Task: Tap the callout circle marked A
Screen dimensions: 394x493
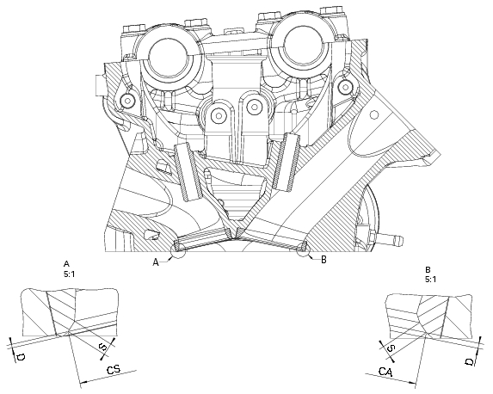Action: pos(178,252)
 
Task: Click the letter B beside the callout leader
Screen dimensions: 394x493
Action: pos(323,259)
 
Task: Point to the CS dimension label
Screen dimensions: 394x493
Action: pos(113,370)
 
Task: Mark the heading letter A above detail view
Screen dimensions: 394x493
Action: pos(66,262)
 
